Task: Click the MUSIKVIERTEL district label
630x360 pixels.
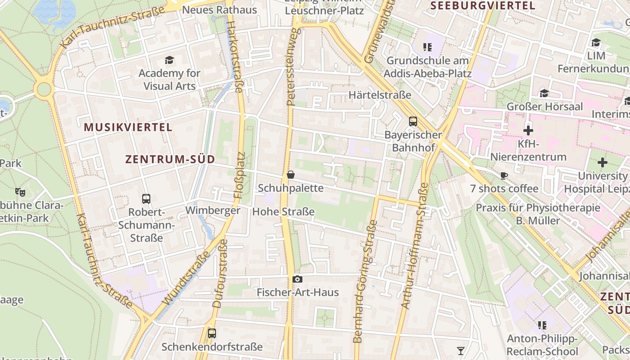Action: click(128, 127)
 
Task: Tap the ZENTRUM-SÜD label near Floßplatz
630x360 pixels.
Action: click(170, 159)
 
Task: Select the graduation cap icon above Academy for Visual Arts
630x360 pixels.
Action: click(169, 60)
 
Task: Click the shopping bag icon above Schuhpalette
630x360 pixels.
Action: click(291, 175)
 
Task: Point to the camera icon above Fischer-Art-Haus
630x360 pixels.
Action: click(297, 279)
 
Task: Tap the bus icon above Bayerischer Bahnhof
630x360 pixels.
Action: click(413, 121)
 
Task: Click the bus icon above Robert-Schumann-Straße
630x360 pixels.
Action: click(146, 198)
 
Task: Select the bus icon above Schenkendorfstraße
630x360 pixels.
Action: click(211, 333)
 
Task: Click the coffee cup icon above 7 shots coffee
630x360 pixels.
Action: click(504, 175)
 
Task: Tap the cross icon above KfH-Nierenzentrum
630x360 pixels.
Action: click(528, 131)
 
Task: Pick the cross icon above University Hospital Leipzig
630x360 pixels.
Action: click(603, 162)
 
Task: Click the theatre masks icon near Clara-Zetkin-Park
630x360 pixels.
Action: click(20, 192)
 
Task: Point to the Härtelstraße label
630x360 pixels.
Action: click(380, 95)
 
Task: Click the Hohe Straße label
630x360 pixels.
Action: click(283, 211)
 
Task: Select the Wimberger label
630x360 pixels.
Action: click(213, 211)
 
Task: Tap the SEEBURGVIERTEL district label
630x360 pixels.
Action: click(483, 6)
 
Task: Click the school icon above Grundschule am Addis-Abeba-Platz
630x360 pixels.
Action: click(427, 47)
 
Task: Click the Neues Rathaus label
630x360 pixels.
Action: click(220, 10)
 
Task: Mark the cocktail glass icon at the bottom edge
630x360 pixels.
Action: click(460, 351)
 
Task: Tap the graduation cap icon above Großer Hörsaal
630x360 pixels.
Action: click(544, 93)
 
